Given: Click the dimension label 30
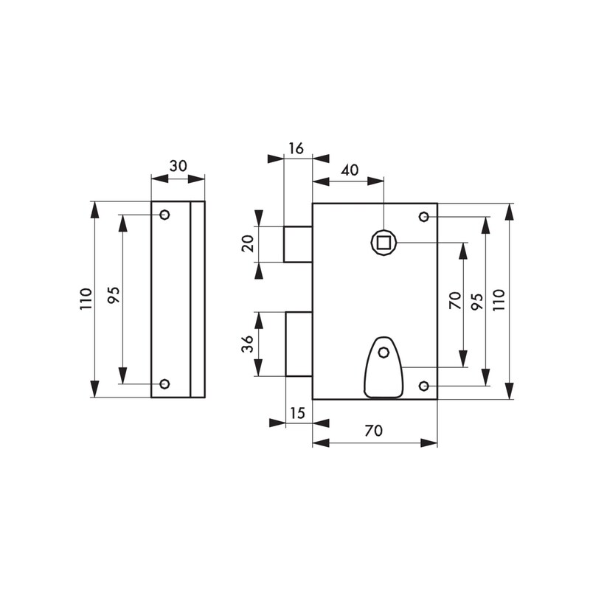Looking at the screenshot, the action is coord(178,166).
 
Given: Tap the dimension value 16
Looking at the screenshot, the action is coord(296,149).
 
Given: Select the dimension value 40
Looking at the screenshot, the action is coord(350,170).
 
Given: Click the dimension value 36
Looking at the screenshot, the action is coord(248,344).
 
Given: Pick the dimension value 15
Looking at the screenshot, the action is coord(297,413).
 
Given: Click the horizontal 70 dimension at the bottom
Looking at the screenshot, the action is coord(374,431).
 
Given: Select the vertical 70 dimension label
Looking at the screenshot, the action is coord(455,300).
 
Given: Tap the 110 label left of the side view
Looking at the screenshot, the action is coord(86,299).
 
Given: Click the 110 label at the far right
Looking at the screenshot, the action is coord(499,300).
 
